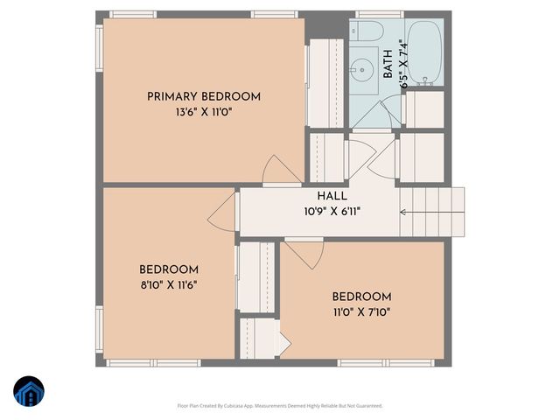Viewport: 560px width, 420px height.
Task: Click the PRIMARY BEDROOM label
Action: coord(203,96)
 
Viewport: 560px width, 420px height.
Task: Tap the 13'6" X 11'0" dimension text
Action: coord(203,112)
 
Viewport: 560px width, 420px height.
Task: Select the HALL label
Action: coord(332,197)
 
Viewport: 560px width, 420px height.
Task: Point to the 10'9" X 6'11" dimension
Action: coord(332,212)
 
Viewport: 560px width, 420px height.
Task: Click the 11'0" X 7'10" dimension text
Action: coord(361,311)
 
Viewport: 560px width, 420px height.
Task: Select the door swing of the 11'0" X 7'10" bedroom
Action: coord(304,254)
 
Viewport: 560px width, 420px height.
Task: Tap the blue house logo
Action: coord(29,393)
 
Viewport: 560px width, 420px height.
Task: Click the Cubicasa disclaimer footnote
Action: coord(280,406)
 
